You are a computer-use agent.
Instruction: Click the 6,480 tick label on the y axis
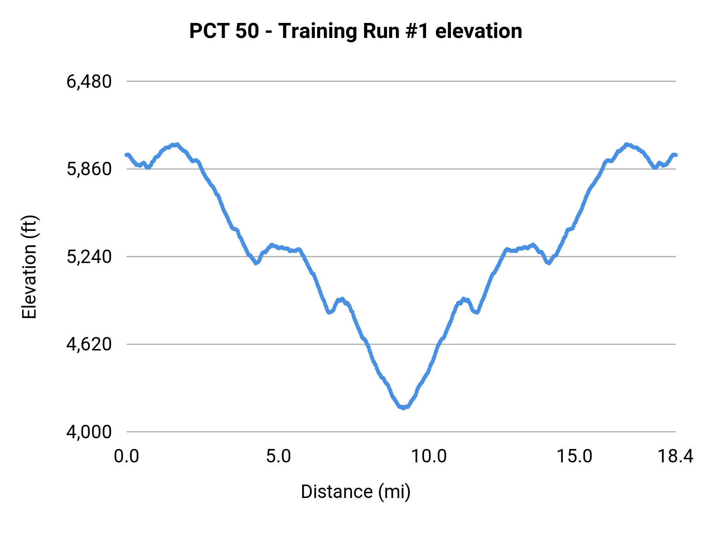(89, 82)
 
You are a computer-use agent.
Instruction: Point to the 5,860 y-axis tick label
(89, 169)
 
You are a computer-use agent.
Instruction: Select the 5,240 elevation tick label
(89, 257)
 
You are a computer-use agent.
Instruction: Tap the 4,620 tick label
(89, 345)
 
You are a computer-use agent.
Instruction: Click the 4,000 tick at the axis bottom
(89, 432)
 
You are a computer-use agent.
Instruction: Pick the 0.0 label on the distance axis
(127, 456)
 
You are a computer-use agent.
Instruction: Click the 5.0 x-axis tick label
(278, 456)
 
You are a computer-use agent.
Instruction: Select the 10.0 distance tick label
(429, 456)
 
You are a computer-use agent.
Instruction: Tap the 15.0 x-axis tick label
(575, 456)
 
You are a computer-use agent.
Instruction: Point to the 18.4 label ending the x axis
(675, 456)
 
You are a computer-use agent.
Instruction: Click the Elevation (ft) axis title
(29, 267)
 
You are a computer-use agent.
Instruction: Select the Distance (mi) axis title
(356, 492)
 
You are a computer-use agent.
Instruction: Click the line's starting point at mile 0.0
(127, 155)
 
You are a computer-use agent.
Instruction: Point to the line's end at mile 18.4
(676, 155)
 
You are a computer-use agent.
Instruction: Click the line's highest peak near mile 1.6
(177, 144)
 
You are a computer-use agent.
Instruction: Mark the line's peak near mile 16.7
(626, 144)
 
